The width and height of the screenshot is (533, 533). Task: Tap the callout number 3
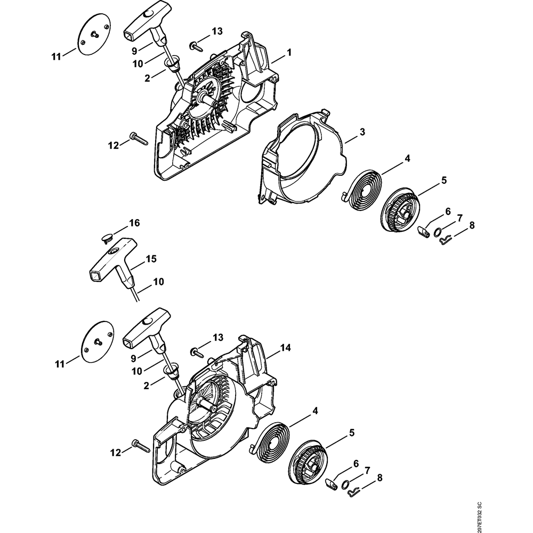pyautogui.click(x=362, y=132)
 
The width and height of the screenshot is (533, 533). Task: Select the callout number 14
pyautogui.click(x=286, y=348)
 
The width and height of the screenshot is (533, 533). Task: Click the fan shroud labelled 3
pyautogui.click(x=298, y=160)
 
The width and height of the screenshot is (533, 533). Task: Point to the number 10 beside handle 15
pyautogui.click(x=158, y=281)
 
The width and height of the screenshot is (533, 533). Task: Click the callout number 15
pyautogui.click(x=151, y=259)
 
